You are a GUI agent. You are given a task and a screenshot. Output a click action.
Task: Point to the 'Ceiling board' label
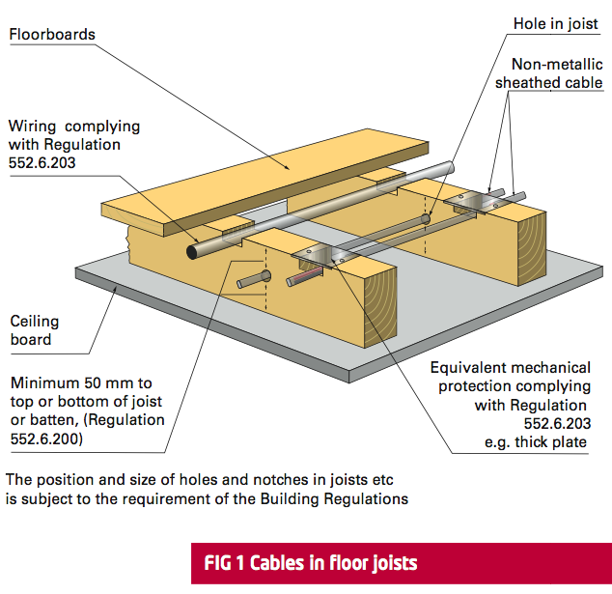pos(35,330)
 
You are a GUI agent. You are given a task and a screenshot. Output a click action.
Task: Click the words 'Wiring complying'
pos(73,127)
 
